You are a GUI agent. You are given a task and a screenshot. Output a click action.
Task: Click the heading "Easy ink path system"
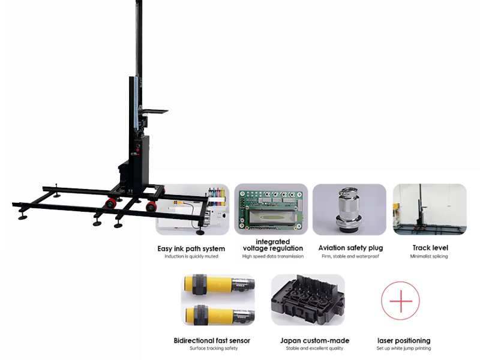(x=191, y=248)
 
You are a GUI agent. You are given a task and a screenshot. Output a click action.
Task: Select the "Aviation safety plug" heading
(x=350, y=248)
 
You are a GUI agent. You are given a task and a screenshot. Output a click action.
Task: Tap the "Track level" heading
(x=430, y=248)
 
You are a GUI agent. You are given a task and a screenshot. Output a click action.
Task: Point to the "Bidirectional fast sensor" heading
(x=212, y=340)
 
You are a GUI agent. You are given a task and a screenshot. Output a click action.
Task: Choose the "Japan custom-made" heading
(x=314, y=340)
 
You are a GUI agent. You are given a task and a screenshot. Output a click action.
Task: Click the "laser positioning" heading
(x=404, y=341)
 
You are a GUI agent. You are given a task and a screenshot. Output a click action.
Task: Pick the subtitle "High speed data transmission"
(x=273, y=256)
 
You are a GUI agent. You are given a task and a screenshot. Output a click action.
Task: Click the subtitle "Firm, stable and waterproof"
(x=350, y=256)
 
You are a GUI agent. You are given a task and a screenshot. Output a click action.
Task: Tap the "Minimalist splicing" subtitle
(x=429, y=256)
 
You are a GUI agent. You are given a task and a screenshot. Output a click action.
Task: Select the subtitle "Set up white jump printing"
(x=403, y=349)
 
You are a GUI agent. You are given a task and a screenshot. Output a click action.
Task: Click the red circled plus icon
(x=400, y=301)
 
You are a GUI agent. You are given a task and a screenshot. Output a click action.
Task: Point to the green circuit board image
(x=271, y=209)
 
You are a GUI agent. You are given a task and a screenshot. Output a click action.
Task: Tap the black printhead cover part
(x=308, y=299)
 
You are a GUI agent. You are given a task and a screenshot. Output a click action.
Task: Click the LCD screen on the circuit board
(x=272, y=217)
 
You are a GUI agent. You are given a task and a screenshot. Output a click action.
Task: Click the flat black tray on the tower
(x=152, y=111)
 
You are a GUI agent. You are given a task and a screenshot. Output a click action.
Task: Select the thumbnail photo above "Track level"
(x=430, y=209)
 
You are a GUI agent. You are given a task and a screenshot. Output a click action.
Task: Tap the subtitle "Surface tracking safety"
(x=214, y=349)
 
